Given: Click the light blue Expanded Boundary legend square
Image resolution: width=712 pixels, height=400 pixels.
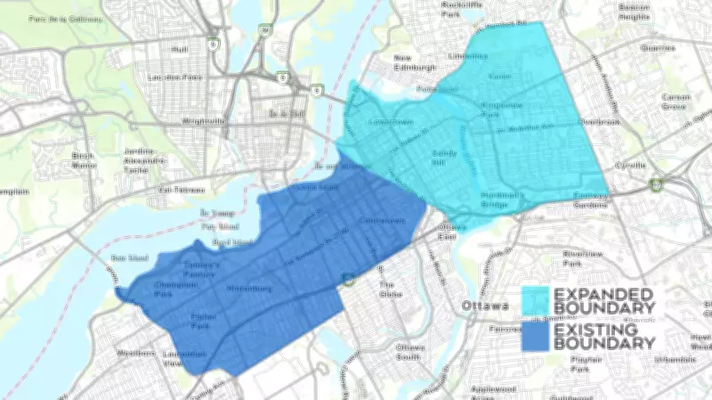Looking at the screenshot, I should (x=535, y=300).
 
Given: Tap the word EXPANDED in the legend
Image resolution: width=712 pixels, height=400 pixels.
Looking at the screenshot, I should (x=604, y=294).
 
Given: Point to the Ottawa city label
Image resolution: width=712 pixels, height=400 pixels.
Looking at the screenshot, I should (x=485, y=306).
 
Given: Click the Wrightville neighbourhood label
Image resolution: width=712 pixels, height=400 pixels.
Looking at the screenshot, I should (x=205, y=121).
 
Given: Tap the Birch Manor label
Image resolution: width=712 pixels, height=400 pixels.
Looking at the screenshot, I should (x=83, y=160).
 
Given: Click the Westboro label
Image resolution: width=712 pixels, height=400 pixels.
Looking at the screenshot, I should (x=135, y=354).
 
